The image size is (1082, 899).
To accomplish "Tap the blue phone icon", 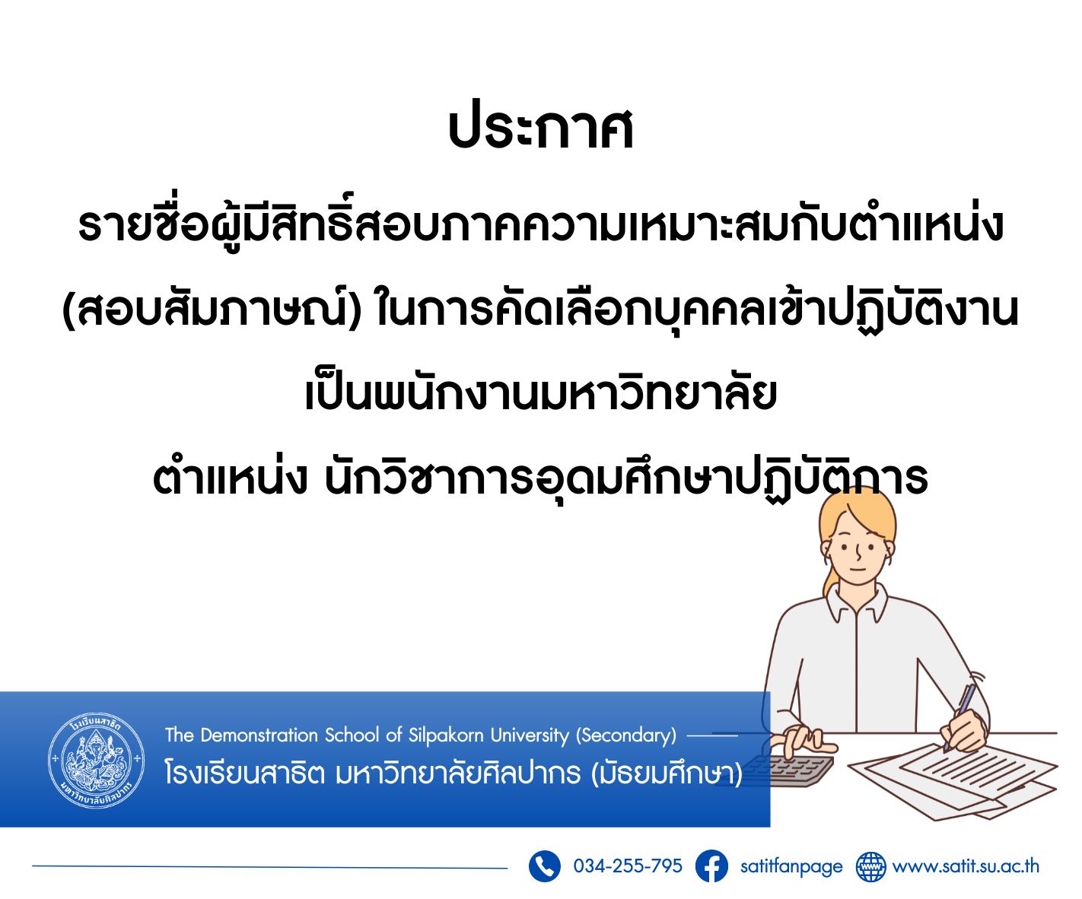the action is tap(544, 866).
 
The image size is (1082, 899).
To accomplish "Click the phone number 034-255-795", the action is tap(628, 866).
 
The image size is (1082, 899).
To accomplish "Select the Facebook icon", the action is tap(711, 866).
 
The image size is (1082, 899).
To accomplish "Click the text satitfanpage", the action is tap(791, 866).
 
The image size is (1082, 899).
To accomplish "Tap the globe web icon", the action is tap(871, 866).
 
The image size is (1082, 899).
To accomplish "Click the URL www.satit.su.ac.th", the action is tap(966, 866).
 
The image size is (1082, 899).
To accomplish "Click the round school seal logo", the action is tap(97, 760).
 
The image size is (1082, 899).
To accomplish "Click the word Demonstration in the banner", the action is tap(259, 735).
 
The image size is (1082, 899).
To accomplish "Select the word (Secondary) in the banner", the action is tap(626, 735).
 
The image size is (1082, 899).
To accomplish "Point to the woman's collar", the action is tap(856, 605).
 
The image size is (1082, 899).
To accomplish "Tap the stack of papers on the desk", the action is tap(953, 780).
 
